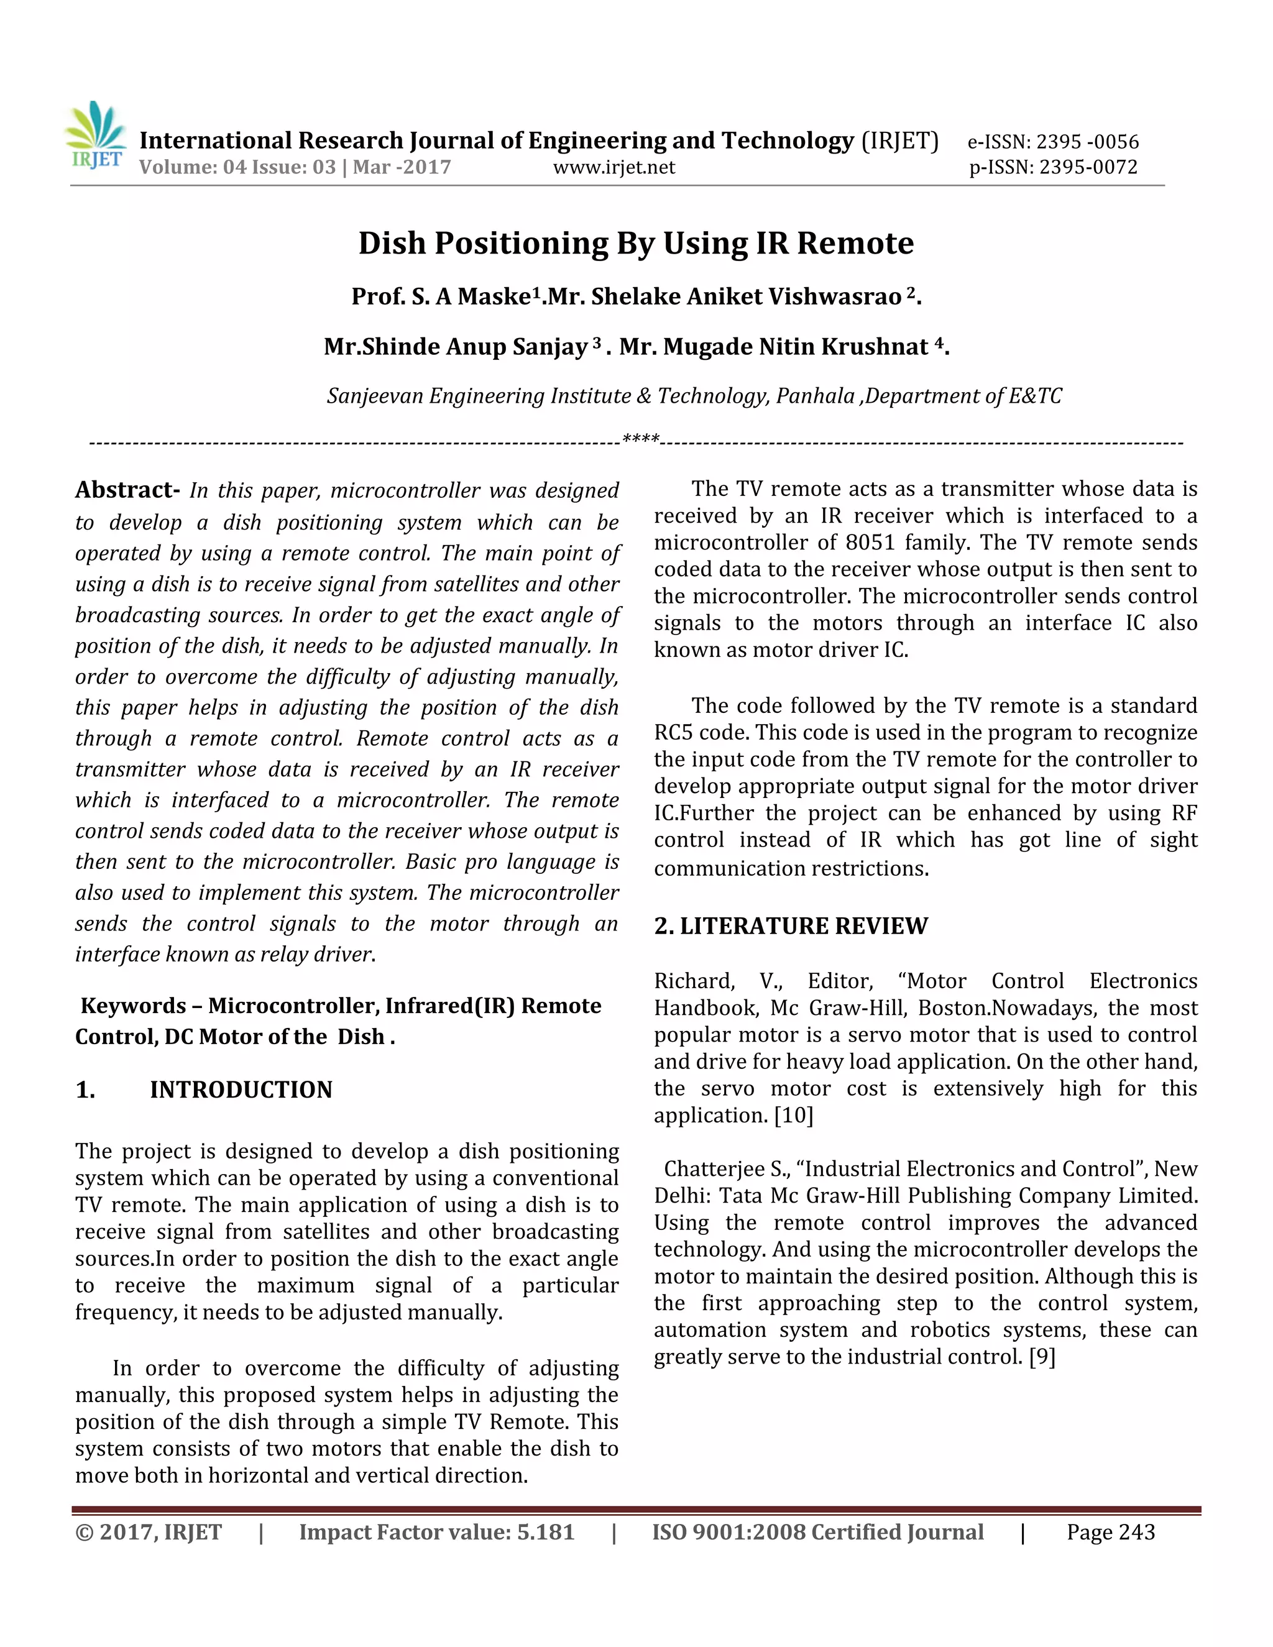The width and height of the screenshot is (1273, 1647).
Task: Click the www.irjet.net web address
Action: pyautogui.click(x=614, y=167)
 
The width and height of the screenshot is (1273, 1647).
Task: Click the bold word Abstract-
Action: pyautogui.click(x=127, y=490)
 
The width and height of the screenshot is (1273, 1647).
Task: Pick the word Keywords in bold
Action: pyautogui.click(x=134, y=1006)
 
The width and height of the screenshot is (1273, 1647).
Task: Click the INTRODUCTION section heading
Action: pyautogui.click(x=241, y=1090)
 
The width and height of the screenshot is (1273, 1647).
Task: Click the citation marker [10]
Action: pyautogui.click(x=794, y=1116)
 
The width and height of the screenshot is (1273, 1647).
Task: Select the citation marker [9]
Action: pyautogui.click(x=1042, y=1357)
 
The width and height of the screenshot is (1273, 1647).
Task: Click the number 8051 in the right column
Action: pyautogui.click(x=870, y=543)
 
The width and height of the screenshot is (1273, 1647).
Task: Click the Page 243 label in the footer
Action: pyautogui.click(x=1110, y=1533)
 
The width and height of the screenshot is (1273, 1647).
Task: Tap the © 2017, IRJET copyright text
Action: pyautogui.click(x=149, y=1533)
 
